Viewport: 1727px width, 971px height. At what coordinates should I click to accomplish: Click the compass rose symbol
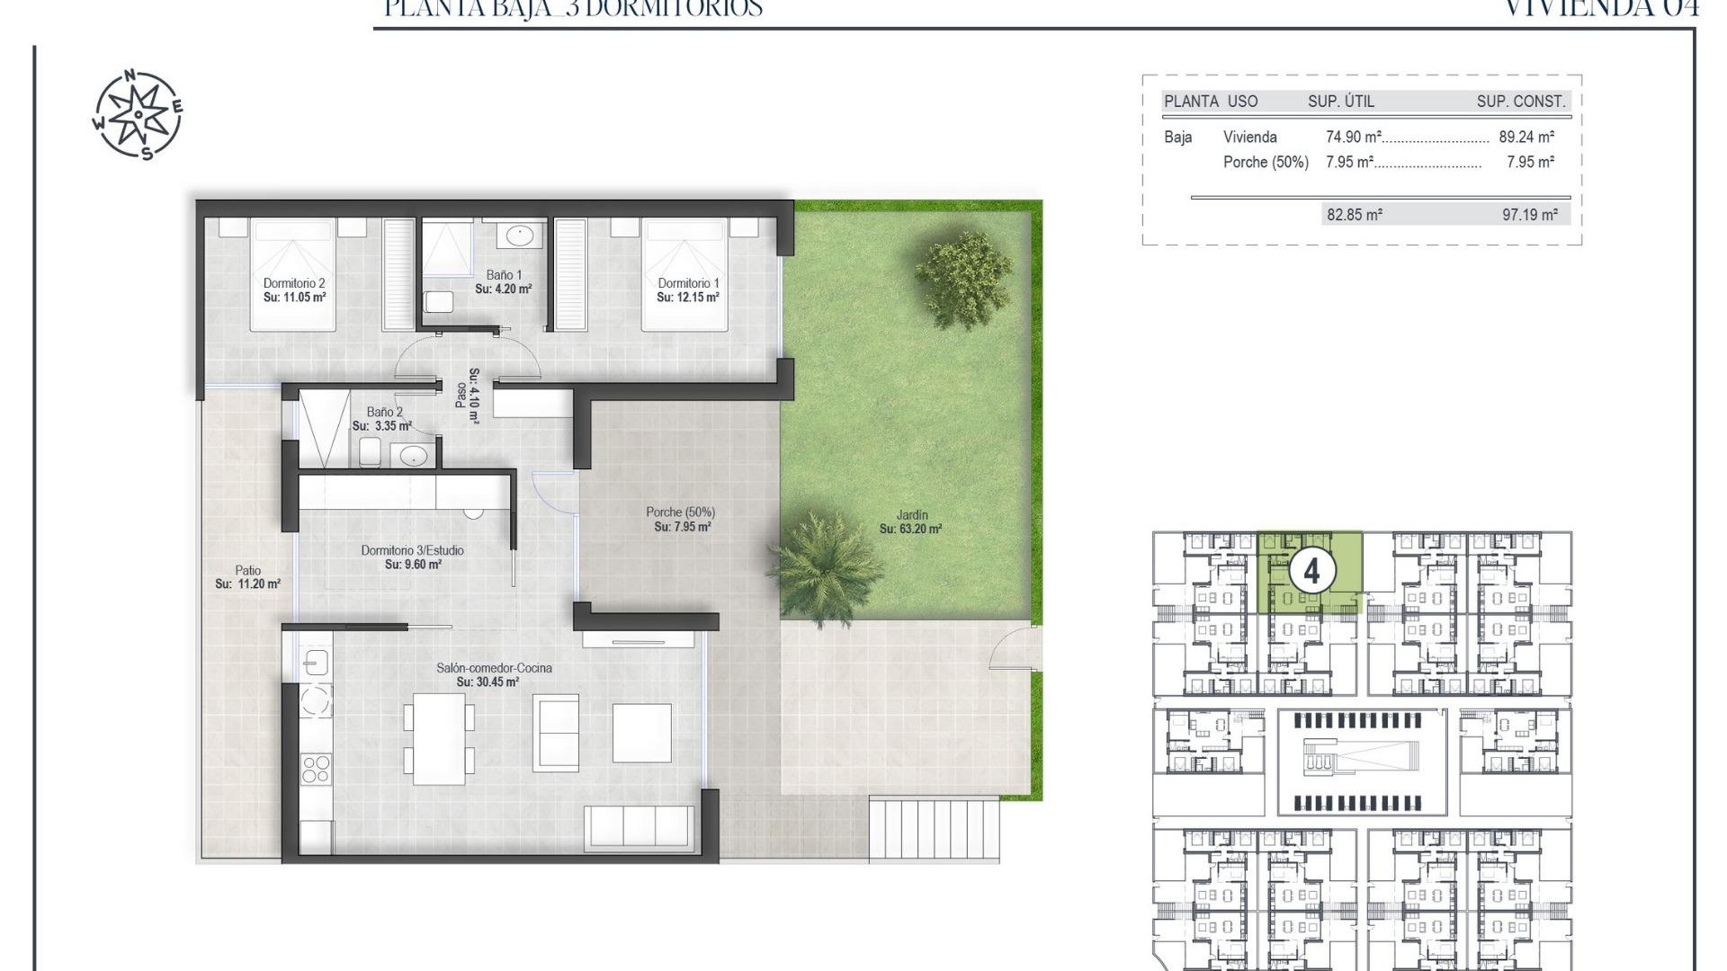pyautogui.click(x=138, y=115)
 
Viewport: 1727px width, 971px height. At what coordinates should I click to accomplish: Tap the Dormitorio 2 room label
pyautogui.click(x=294, y=290)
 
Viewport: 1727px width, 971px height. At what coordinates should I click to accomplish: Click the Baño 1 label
pyautogui.click(x=503, y=281)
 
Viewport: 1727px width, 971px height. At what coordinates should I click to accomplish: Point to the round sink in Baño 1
pyautogui.click(x=520, y=236)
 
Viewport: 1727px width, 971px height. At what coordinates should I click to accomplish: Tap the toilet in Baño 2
pyautogui.click(x=370, y=452)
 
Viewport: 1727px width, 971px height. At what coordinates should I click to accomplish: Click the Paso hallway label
pyautogui.click(x=468, y=389)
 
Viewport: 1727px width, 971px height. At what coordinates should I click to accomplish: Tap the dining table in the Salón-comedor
pyautogui.click(x=439, y=738)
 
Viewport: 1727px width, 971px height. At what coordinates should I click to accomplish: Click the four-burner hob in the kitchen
pyautogui.click(x=316, y=770)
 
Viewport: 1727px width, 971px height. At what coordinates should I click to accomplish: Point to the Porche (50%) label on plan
pyautogui.click(x=681, y=519)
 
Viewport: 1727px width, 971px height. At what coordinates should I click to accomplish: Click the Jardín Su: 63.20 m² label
pyautogui.click(x=910, y=522)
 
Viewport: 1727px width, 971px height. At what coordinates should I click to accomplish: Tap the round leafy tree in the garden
pyautogui.click(x=962, y=269)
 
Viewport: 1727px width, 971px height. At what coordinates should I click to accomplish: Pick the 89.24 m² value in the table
pyautogui.click(x=1526, y=138)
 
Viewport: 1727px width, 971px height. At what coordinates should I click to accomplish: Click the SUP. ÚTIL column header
pyautogui.click(x=1340, y=102)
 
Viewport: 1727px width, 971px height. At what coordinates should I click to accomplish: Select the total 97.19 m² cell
pyautogui.click(x=1529, y=215)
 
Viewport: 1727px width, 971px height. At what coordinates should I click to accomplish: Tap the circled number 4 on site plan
pyautogui.click(x=1311, y=572)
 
